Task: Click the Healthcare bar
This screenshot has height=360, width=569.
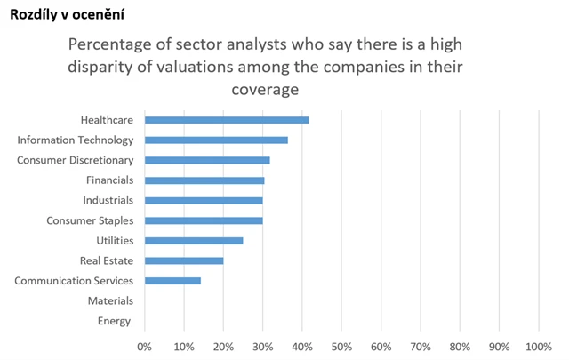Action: [227, 119]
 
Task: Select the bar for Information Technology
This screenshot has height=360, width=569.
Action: [216, 140]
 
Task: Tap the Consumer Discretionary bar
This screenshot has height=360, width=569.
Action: [207, 160]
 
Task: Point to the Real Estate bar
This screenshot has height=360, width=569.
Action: [184, 260]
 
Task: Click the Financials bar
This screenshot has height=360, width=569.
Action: [204, 180]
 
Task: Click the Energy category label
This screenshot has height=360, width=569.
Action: [114, 321]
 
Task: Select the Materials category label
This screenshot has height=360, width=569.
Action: [110, 301]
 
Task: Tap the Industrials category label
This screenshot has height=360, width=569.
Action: [108, 200]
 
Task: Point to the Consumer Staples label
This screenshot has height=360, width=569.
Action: [90, 220]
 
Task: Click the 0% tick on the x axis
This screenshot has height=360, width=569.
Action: [145, 347]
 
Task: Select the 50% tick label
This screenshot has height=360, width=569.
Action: [341, 347]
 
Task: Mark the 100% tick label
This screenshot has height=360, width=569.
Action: [538, 347]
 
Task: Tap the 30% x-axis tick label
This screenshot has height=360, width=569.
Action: [263, 347]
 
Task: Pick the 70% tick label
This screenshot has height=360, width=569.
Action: [421, 347]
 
